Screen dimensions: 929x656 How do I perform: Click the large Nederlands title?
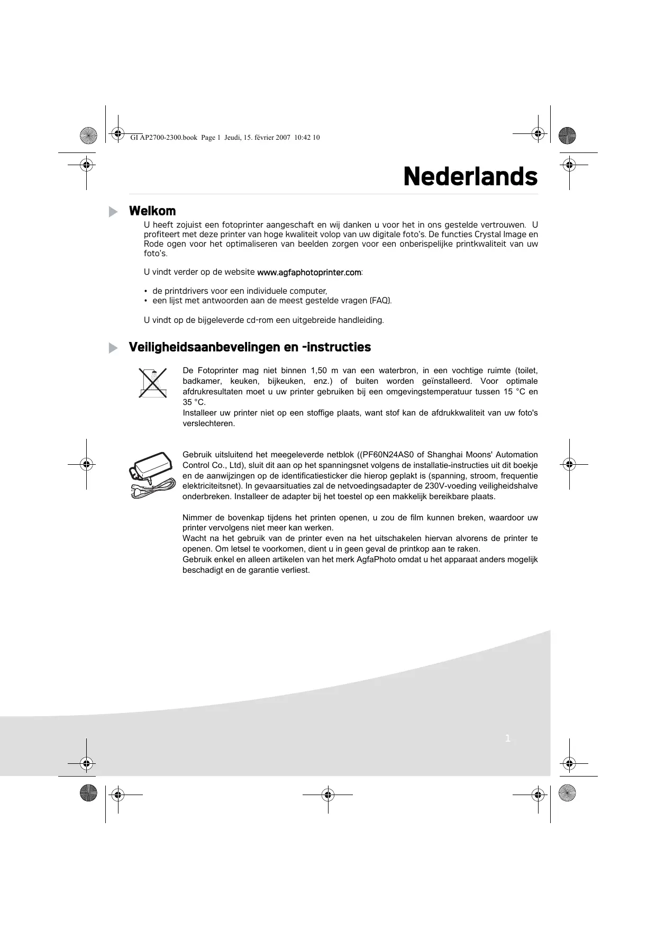(470, 176)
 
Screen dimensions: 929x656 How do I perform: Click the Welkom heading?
(152, 211)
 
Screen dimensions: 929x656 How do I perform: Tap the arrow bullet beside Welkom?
(113, 212)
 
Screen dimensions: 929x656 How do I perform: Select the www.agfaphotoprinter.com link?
(309, 272)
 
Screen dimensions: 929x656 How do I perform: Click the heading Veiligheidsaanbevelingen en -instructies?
(250, 347)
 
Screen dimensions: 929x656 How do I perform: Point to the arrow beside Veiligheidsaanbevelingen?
(113, 348)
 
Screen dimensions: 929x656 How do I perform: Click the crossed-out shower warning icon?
(152, 382)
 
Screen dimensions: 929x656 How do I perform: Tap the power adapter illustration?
(152, 473)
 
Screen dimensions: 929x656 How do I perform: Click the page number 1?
(507, 738)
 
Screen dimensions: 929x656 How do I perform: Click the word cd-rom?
(261, 320)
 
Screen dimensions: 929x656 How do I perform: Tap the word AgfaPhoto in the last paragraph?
(373, 560)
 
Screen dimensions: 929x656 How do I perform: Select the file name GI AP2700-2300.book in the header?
(163, 138)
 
